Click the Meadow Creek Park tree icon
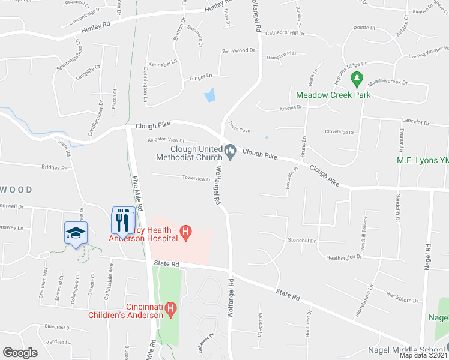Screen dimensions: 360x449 (357, 78)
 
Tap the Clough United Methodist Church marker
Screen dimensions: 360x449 (230, 149)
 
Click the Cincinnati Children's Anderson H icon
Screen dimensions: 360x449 (171, 310)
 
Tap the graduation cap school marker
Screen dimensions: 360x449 (76, 233)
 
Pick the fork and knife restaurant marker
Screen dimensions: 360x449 (123, 220)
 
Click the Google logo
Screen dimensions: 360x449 (20, 353)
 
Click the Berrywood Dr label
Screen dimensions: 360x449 (238, 51)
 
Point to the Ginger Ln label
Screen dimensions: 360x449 (201, 76)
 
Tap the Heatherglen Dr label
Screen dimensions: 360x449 (344, 257)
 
